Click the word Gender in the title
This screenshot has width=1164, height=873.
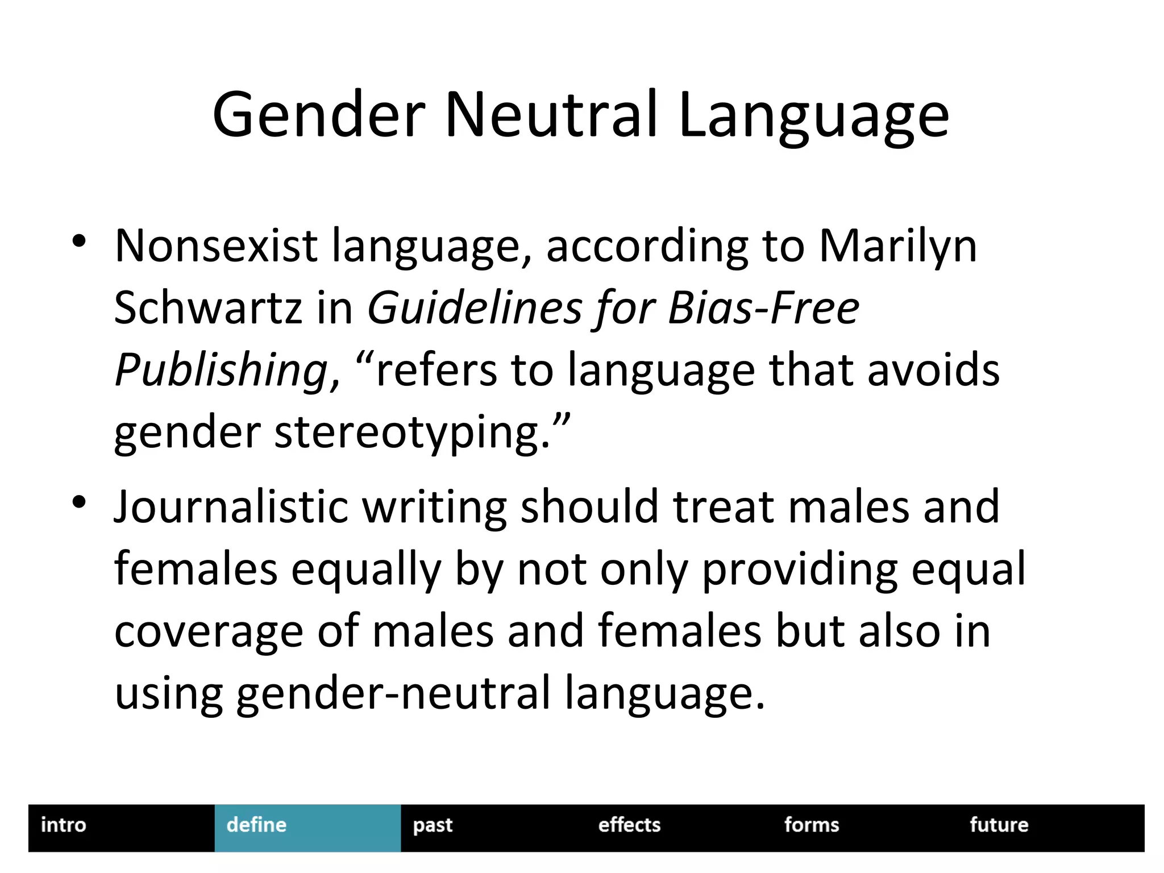tap(319, 115)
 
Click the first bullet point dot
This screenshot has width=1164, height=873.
tap(79, 241)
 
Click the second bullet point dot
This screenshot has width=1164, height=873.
tap(79, 502)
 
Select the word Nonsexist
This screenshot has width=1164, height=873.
tap(215, 246)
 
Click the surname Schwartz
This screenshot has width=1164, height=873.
tap(207, 308)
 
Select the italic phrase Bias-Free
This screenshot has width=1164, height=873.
tap(763, 308)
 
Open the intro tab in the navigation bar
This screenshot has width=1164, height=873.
tap(64, 825)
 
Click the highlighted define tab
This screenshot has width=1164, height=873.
tap(257, 825)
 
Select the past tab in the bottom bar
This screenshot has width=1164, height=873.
tap(433, 825)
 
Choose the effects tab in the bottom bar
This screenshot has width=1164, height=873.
tap(629, 825)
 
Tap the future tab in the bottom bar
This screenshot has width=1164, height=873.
tap(999, 825)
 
